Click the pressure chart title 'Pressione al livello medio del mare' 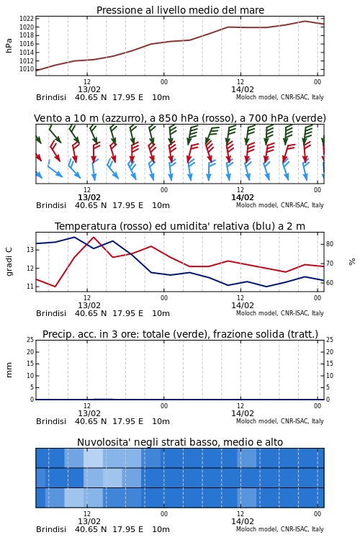tap(180, 10)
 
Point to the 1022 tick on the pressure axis tap(27, 19)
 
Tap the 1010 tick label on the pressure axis tap(27, 69)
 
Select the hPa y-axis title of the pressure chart tap(9, 45)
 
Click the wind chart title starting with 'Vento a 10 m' tap(180, 118)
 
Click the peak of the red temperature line tap(94, 238)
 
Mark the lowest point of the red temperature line tap(55, 287)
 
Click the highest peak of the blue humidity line tap(74, 237)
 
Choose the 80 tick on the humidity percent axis tap(330, 244)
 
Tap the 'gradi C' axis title tap(9, 261)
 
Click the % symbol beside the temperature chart tap(352, 262)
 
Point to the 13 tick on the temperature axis tap(30, 250)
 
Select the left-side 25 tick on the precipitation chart tap(30, 340)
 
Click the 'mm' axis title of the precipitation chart tap(9, 370)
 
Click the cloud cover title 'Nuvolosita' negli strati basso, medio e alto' tap(180, 442)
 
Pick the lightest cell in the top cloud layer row tap(94, 458)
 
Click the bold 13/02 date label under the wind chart tap(89, 197)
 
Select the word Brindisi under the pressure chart tap(51, 97)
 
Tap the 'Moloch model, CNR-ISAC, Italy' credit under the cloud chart tap(280, 529)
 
